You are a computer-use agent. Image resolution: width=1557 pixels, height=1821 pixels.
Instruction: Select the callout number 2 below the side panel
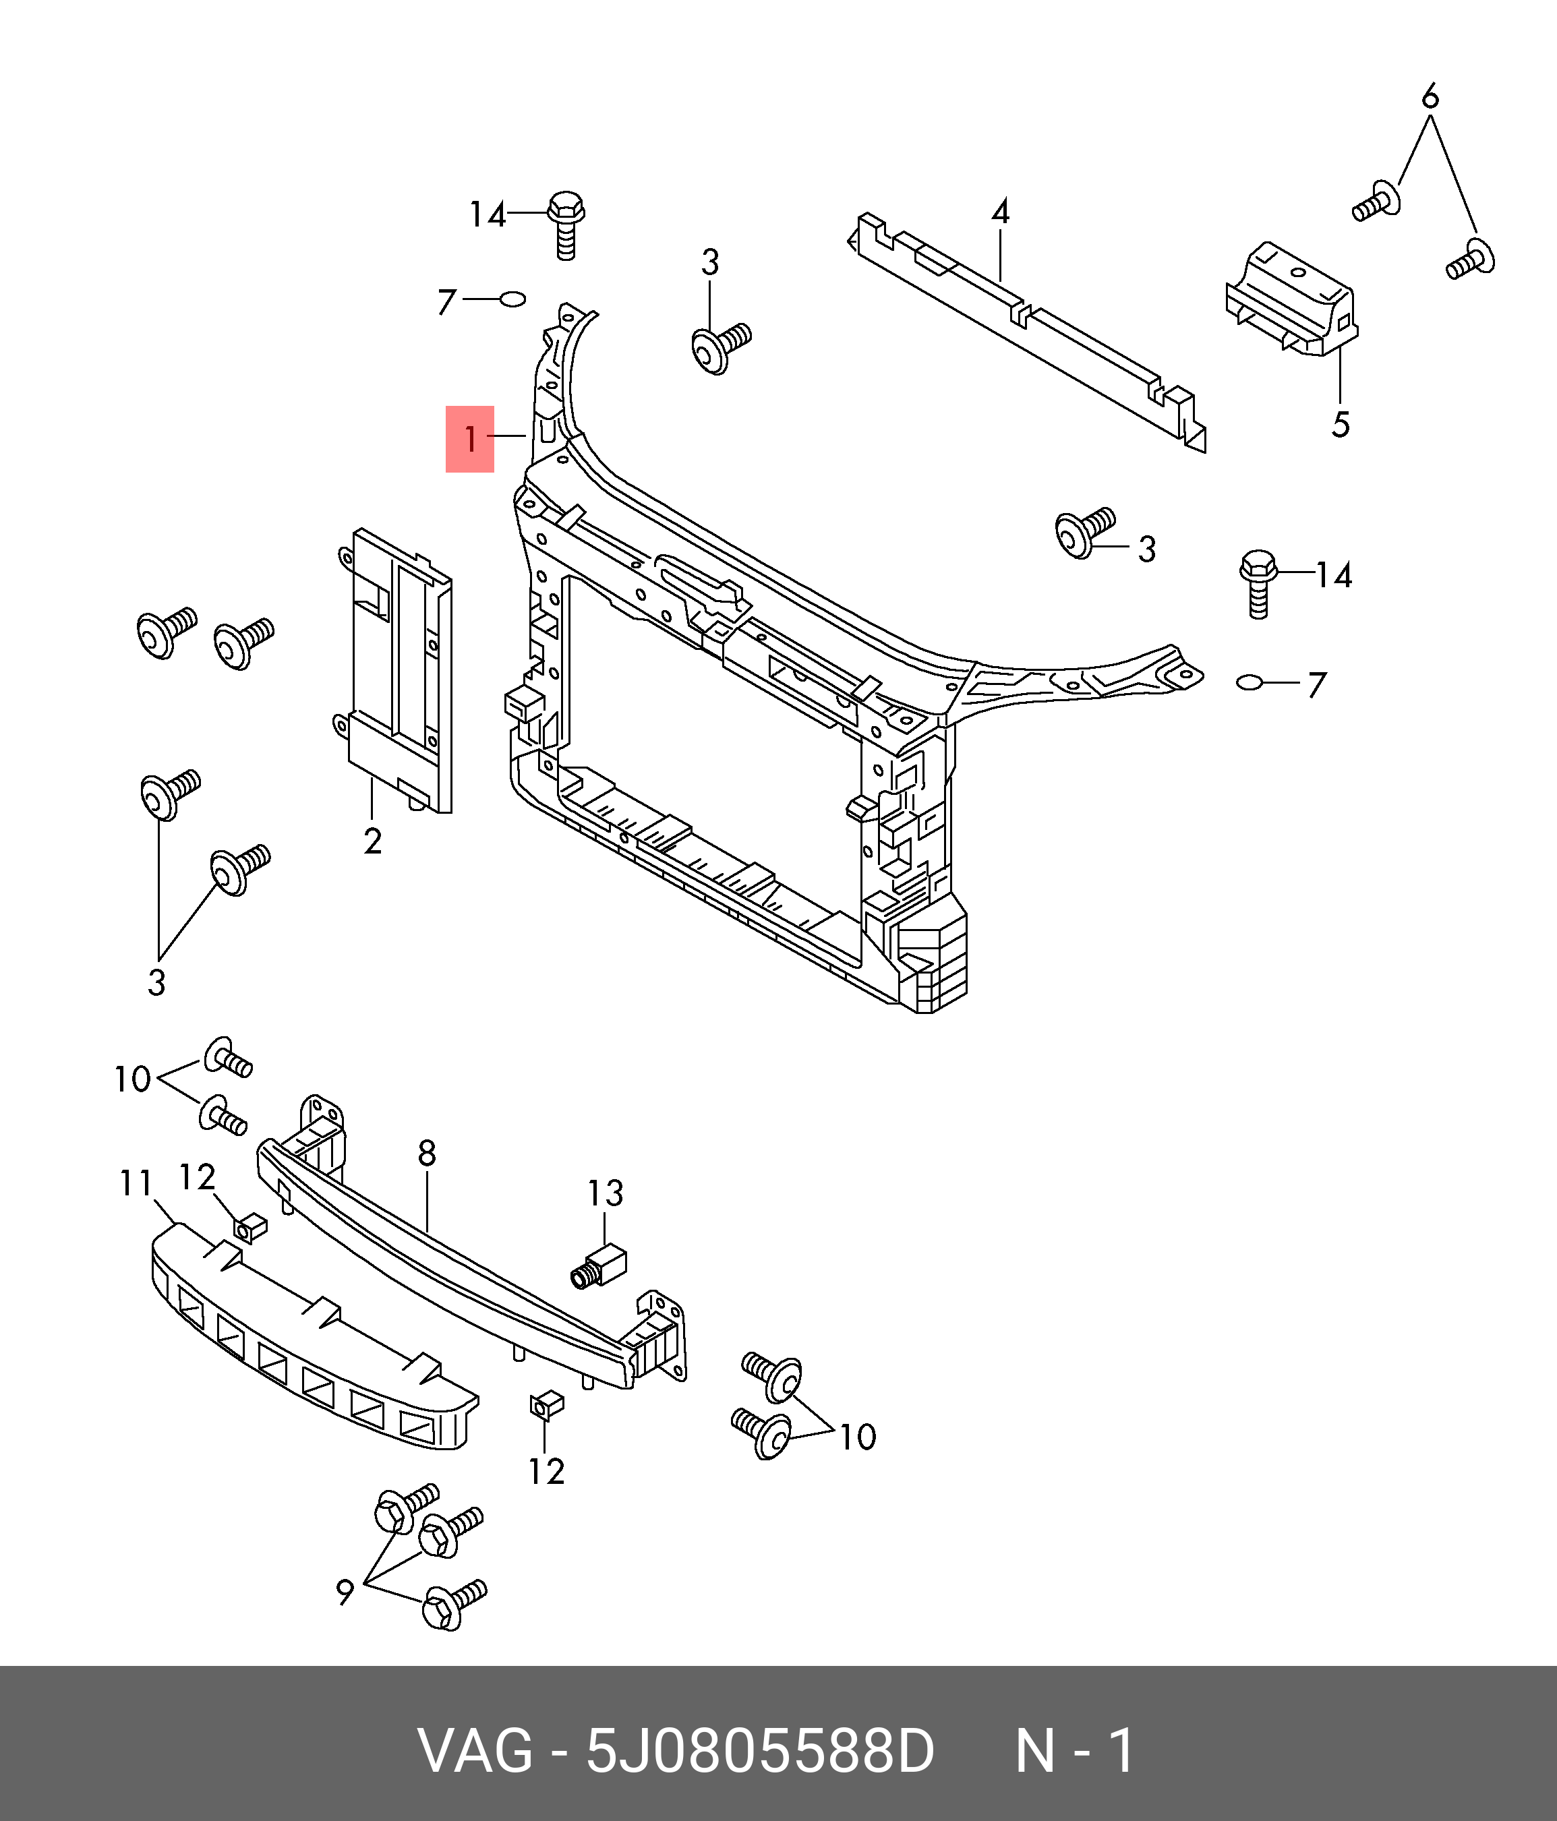[x=373, y=841]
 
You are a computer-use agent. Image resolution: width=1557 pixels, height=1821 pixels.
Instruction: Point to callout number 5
[x=1340, y=425]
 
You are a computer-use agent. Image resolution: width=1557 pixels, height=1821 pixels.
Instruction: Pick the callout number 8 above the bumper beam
[x=428, y=1153]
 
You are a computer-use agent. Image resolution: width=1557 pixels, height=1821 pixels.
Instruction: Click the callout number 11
[x=136, y=1184]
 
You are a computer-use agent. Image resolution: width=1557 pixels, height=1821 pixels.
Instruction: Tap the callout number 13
[x=606, y=1193]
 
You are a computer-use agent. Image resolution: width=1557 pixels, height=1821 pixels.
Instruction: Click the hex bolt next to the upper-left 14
[x=566, y=224]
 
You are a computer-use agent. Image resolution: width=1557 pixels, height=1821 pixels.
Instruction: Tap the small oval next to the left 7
[x=512, y=301]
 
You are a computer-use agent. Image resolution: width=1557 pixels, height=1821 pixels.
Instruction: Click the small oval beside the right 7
[x=1250, y=682]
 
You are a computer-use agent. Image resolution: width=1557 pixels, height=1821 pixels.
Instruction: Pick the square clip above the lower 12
[x=542, y=1407]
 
